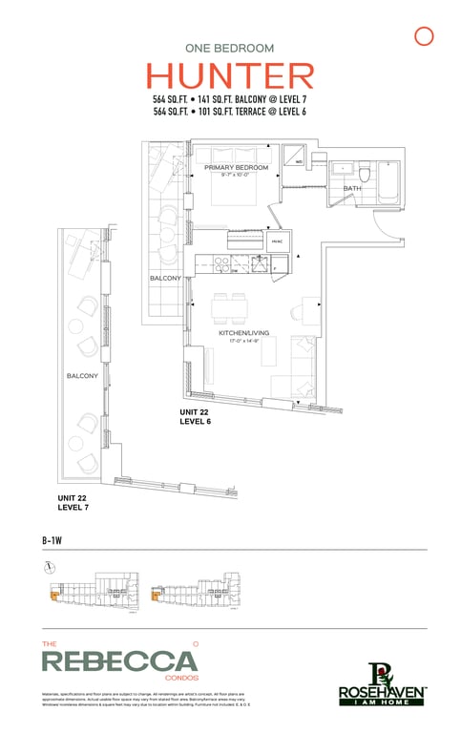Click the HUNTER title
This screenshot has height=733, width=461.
(230, 76)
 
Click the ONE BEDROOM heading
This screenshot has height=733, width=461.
(230, 47)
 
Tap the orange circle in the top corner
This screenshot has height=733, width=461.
(425, 36)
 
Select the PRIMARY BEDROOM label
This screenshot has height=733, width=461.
(236, 167)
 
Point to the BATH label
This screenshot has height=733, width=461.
(352, 189)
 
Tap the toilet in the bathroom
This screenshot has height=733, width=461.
(364, 173)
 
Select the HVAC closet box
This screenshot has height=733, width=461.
(278, 242)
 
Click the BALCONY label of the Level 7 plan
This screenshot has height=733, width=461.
(82, 376)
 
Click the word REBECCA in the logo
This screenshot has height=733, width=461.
(120, 660)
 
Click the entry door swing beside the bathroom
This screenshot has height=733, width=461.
(386, 224)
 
